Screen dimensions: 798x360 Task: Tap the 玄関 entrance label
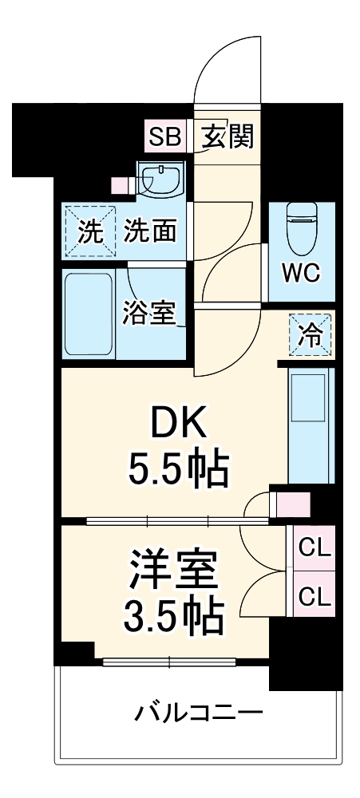[x=227, y=136]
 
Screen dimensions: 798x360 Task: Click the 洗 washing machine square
[x=89, y=232]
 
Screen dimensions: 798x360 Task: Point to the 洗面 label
[x=150, y=231]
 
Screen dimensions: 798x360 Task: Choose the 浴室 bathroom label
[x=148, y=313]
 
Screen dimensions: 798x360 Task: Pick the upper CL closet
[x=315, y=548]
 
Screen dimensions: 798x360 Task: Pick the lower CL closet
[x=315, y=595]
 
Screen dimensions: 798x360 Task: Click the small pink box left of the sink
[x=121, y=185]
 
